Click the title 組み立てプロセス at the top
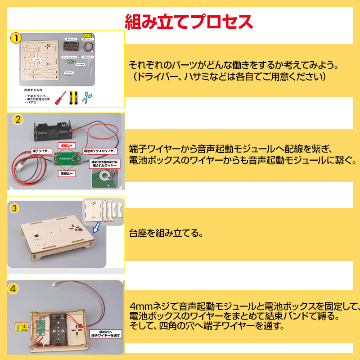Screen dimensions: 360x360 click(x=189, y=21)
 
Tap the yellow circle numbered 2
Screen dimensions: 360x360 click(x=18, y=120)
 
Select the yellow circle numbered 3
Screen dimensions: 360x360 click(x=15, y=208)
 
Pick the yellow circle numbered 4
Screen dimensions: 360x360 click(x=15, y=288)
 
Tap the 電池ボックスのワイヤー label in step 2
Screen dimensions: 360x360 click(x=100, y=151)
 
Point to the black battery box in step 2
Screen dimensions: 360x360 click(x=52, y=131)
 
